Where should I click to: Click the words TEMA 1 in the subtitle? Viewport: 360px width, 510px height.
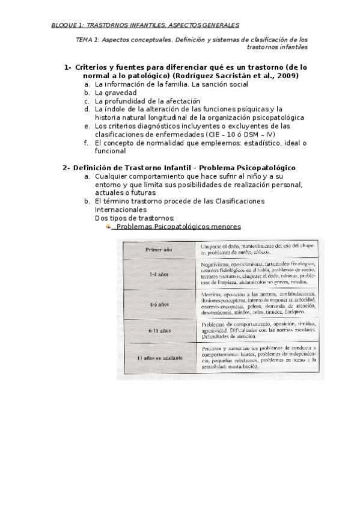tap(85, 38)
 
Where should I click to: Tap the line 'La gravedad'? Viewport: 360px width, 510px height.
tap(116, 93)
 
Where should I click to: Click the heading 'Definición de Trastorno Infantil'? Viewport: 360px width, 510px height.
tap(135, 167)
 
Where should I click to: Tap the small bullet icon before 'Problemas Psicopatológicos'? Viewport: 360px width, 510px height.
tap(108, 227)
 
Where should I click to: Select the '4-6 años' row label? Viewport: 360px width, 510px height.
tap(158, 305)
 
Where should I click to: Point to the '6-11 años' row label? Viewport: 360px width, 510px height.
tap(158, 331)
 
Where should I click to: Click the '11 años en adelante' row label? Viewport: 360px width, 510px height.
tap(158, 358)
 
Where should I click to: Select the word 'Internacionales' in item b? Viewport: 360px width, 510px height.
tap(121, 209)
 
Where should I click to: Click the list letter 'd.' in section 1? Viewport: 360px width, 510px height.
tap(88, 109)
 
